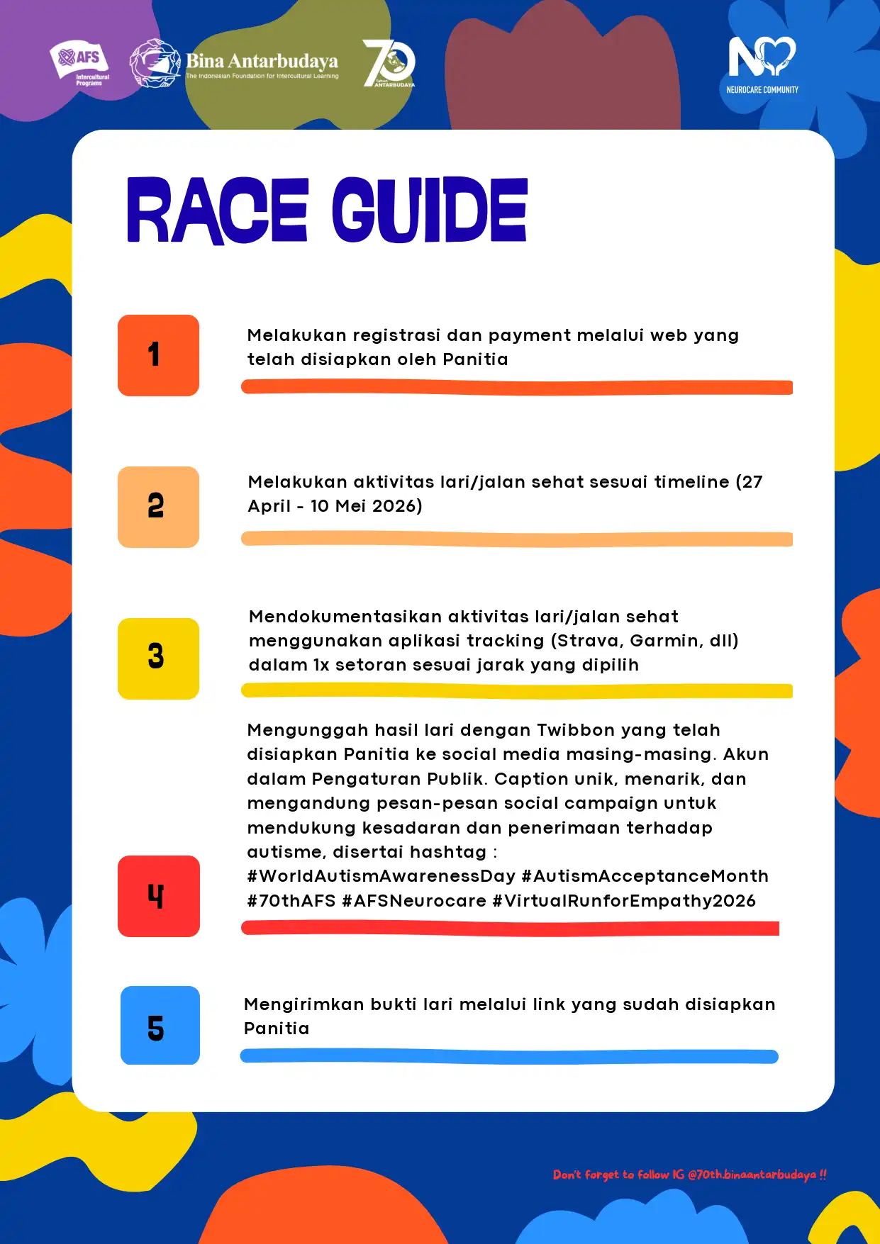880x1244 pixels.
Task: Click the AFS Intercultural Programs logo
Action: coord(79,63)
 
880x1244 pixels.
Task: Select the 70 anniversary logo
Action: coord(389,63)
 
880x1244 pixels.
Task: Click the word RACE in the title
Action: coord(217,211)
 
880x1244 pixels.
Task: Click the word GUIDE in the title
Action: coord(429,211)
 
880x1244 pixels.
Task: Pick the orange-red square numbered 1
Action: coord(158,355)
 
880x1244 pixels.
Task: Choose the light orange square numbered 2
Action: coord(158,507)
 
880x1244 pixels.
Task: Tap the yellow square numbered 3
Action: coord(158,659)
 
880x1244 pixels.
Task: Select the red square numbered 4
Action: coord(158,896)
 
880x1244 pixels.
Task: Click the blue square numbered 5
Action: coord(160,1025)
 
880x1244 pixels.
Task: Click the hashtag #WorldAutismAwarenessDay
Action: coord(381,876)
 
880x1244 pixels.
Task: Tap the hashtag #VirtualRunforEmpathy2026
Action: coord(624,901)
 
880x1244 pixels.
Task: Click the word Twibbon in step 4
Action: coord(576,730)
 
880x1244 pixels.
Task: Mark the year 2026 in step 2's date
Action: coord(397,506)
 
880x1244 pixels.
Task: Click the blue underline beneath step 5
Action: coord(509,1056)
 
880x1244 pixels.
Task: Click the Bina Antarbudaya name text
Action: coord(262,61)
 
